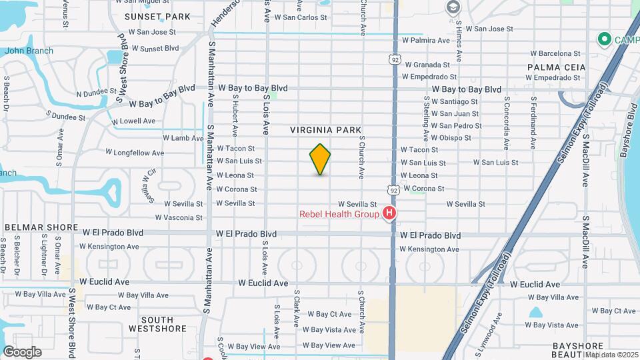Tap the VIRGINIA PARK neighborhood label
(x=325, y=130)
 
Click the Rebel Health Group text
(x=339, y=214)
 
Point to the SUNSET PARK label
(x=148, y=16)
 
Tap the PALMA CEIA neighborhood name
(x=556, y=67)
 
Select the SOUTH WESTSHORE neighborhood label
(x=157, y=324)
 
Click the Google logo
(x=22, y=352)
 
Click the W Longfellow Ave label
(x=135, y=153)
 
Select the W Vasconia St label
(x=179, y=217)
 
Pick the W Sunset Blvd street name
(x=155, y=48)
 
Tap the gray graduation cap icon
(x=453, y=7)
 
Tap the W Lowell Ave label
(x=133, y=121)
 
